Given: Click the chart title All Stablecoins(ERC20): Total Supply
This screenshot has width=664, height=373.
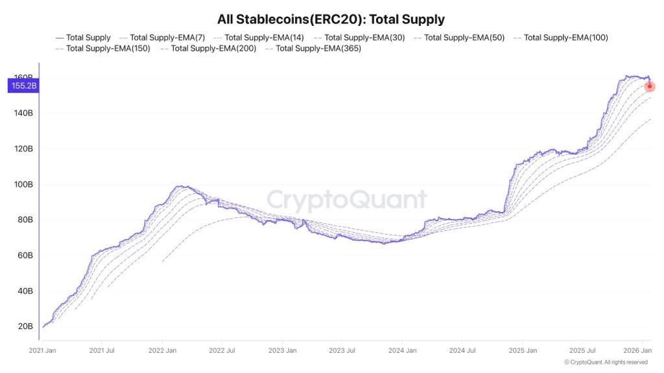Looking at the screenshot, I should click(331, 19).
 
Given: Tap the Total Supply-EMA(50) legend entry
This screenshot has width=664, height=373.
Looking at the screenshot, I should click(464, 38).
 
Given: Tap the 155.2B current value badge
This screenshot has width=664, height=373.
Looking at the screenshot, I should click(23, 85).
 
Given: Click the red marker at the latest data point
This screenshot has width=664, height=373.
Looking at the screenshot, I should click(650, 86).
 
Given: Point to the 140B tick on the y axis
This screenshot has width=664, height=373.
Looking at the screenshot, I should click(23, 113).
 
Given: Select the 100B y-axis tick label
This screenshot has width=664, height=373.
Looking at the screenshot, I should click(23, 184).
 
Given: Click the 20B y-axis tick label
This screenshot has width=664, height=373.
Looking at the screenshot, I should click(25, 326).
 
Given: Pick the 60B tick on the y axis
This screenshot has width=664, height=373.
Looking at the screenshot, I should click(24, 255).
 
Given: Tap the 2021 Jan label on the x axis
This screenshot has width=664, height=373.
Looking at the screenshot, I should click(43, 350).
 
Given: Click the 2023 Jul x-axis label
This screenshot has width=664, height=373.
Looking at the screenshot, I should click(342, 350).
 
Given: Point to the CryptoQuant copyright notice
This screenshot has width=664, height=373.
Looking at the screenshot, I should click(606, 362).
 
